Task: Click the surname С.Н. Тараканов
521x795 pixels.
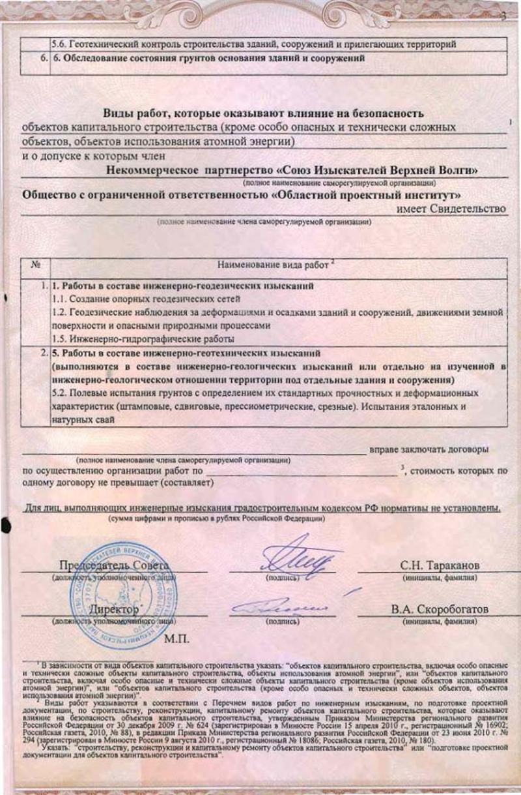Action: [440, 564]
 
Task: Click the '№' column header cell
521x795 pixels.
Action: [36, 265]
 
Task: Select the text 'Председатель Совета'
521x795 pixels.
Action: [115, 564]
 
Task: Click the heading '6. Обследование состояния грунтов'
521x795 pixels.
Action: [207, 57]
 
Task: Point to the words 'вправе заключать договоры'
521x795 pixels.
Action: [429, 449]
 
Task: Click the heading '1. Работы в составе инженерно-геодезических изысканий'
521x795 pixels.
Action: [184, 286]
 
